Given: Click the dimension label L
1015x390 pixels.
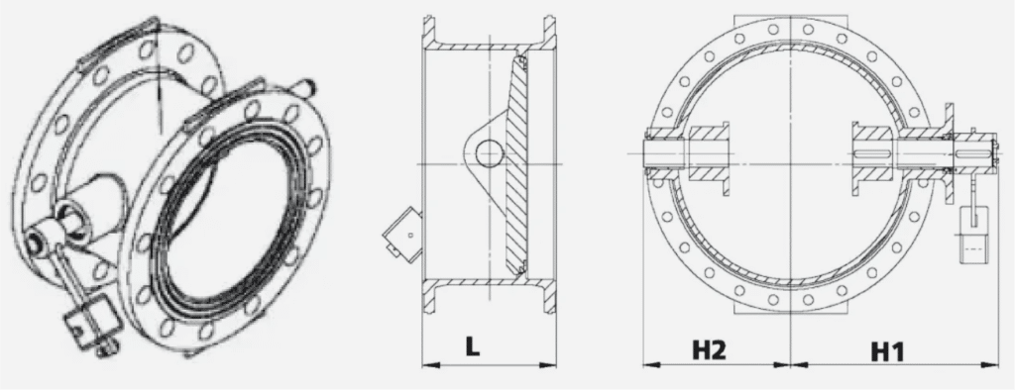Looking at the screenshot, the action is tap(473, 346).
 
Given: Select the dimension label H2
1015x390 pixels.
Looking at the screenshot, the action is tap(710, 349).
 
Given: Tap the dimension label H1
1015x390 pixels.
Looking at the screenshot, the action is tap(887, 351).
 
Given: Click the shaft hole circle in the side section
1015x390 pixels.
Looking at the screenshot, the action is tap(490, 153).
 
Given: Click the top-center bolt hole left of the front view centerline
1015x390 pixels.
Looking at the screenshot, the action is tap(773, 29).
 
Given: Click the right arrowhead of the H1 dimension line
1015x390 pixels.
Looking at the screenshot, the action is tap(991, 365).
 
